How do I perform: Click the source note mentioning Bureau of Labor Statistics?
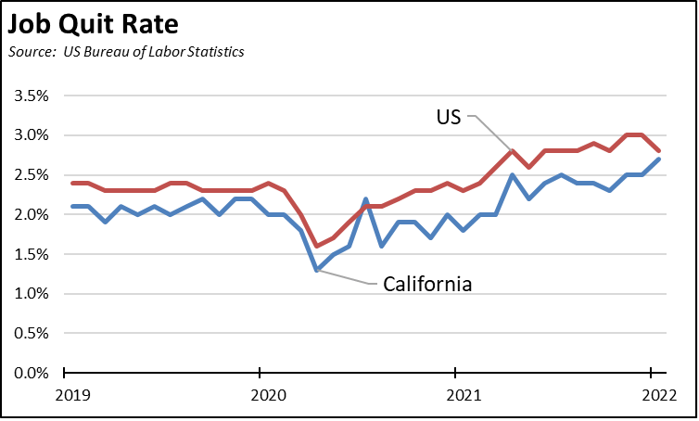[126, 52]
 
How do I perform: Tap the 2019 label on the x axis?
[64, 394]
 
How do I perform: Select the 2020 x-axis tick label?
[260, 394]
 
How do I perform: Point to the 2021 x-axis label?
[455, 394]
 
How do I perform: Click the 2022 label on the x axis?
[651, 394]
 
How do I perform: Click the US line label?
[449, 117]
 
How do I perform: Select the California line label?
[427, 284]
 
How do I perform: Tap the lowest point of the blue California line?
[317, 270]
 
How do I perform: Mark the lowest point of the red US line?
[317, 246]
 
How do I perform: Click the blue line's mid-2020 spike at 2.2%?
[365, 199]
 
